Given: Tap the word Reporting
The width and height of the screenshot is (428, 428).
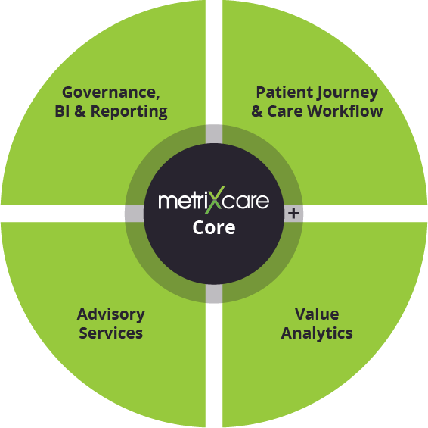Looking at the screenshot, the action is [x=129, y=112].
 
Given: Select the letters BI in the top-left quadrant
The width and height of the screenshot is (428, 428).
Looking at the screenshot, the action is [x=62, y=111].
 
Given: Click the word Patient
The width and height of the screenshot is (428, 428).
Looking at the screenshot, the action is [x=284, y=92].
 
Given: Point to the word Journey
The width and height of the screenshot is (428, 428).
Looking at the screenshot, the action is [x=348, y=93].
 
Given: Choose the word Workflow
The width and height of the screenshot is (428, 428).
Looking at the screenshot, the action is [x=345, y=111].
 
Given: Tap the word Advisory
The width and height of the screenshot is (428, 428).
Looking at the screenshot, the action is [x=111, y=315].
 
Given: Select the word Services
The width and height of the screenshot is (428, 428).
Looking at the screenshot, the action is [x=111, y=333].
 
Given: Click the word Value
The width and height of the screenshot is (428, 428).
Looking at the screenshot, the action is [x=317, y=314].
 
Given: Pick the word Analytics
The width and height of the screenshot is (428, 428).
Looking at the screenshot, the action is [x=317, y=334].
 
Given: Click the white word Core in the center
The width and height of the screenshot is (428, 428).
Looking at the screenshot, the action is [x=214, y=227].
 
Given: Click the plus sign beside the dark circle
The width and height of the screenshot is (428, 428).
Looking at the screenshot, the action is [x=293, y=214].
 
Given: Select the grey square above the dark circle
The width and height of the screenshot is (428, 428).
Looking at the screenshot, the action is [x=214, y=134].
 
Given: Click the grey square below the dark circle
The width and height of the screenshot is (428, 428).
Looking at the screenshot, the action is [x=214, y=294].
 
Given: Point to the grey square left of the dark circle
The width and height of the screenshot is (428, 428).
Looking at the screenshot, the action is [x=135, y=214].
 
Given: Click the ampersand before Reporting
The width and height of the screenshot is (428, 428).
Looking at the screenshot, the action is [x=79, y=111].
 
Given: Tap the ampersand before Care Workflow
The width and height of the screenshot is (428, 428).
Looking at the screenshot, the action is [x=257, y=111].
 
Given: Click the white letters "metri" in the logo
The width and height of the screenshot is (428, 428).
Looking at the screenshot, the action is [x=181, y=201].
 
